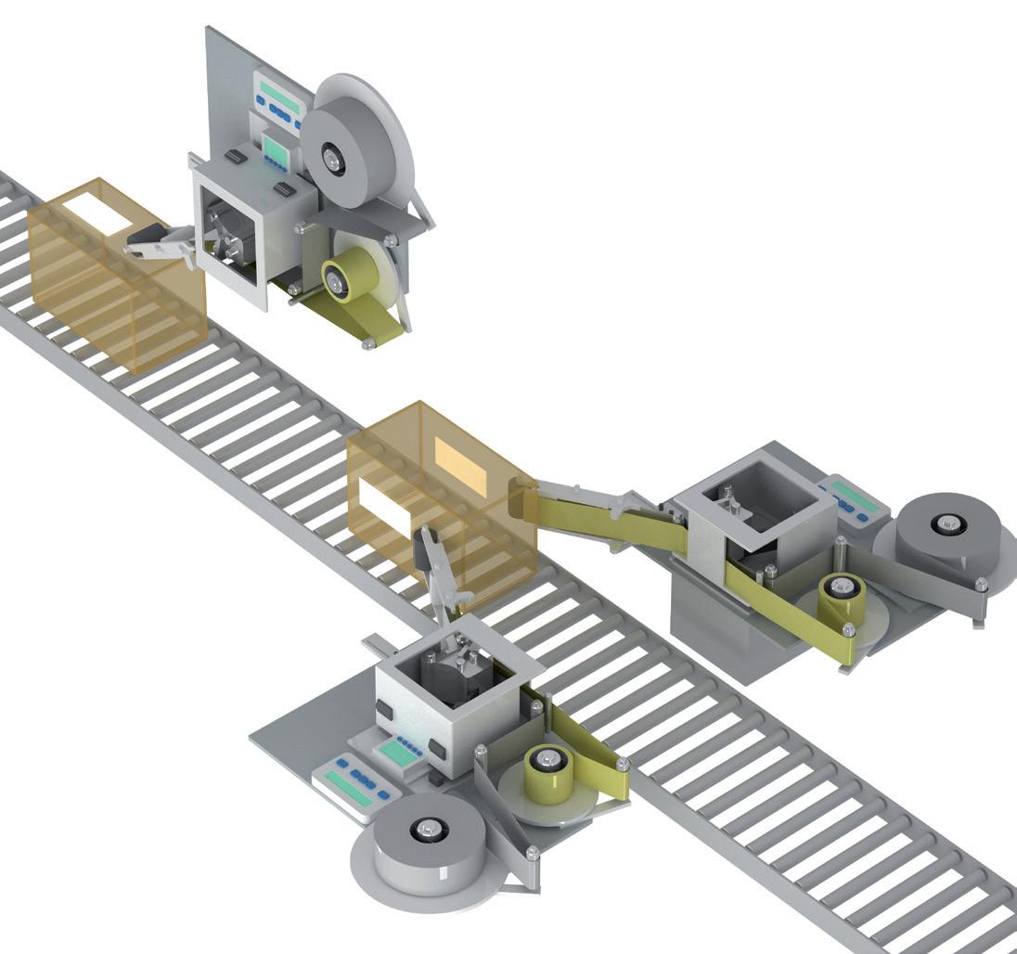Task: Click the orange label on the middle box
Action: [460, 464]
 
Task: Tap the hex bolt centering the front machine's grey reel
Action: [426, 829]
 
